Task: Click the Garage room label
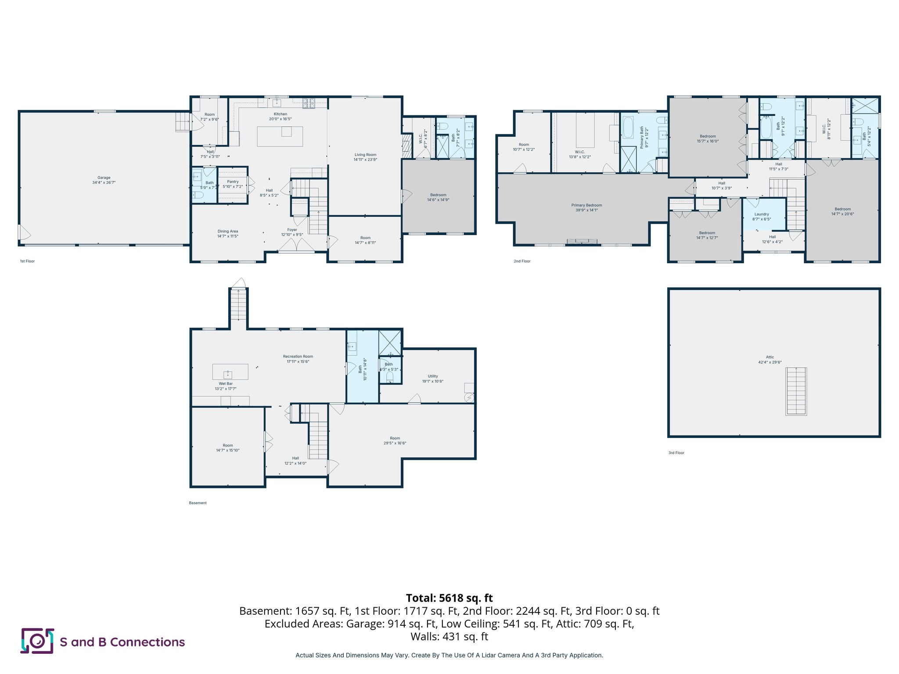pyautogui.click(x=104, y=178)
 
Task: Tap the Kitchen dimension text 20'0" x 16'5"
pyautogui.click(x=280, y=119)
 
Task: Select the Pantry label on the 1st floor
pyautogui.click(x=233, y=182)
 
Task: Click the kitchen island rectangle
pyautogui.click(x=280, y=136)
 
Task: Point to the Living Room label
pyautogui.click(x=365, y=155)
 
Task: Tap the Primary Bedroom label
pyautogui.click(x=586, y=205)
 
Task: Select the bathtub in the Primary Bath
pyautogui.click(x=628, y=127)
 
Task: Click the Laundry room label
pyautogui.click(x=762, y=214)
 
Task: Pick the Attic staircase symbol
pyautogui.click(x=796, y=391)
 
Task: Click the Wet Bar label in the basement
pyautogui.click(x=226, y=384)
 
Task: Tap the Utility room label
pyautogui.click(x=433, y=376)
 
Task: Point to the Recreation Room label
pyautogui.click(x=298, y=357)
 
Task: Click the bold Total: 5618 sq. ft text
pyautogui.click(x=449, y=598)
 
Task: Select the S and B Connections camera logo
pyautogui.click(x=37, y=641)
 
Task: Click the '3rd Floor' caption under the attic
pyautogui.click(x=676, y=453)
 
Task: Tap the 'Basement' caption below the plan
pyautogui.click(x=198, y=503)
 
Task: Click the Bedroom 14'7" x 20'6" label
pyautogui.click(x=842, y=209)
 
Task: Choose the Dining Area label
pyautogui.click(x=227, y=231)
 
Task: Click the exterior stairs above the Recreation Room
pyautogui.click(x=238, y=305)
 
